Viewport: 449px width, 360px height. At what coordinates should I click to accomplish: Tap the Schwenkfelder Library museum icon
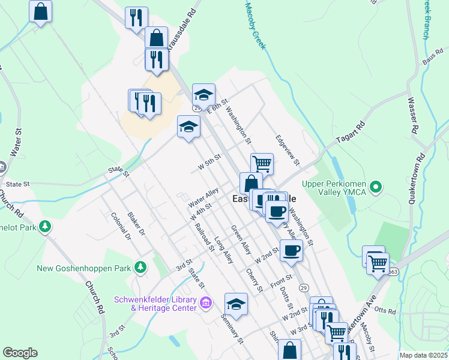[206, 302]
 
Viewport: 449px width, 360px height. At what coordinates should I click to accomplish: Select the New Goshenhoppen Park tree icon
[140, 267]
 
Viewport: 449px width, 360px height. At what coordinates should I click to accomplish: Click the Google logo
[20, 353]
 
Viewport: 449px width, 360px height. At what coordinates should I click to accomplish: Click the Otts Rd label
[388, 311]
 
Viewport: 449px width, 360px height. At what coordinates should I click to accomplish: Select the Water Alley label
[203, 198]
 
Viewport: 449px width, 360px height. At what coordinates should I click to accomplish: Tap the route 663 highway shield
[393, 271]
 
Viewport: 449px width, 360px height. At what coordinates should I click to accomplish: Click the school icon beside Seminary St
[237, 304]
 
